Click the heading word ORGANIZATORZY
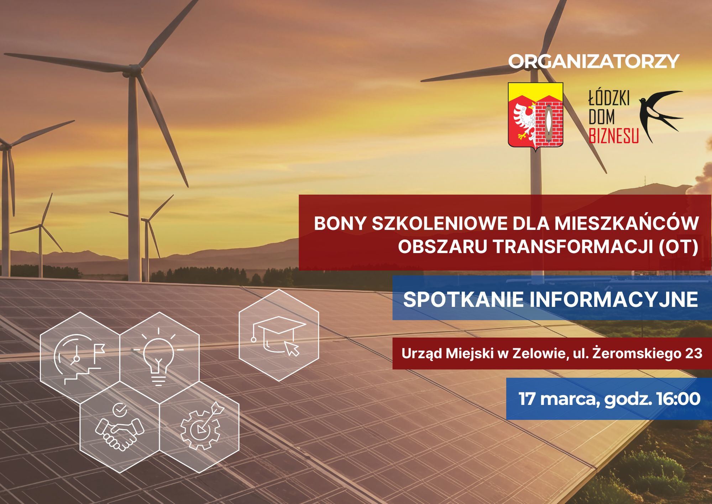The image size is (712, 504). (594, 61)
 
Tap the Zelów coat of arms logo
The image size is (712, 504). (535, 117)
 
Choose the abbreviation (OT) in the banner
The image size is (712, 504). (678, 247)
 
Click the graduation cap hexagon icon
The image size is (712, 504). (279, 335)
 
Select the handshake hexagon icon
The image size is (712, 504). (120, 427)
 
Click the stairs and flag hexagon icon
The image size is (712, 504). (80, 358)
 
